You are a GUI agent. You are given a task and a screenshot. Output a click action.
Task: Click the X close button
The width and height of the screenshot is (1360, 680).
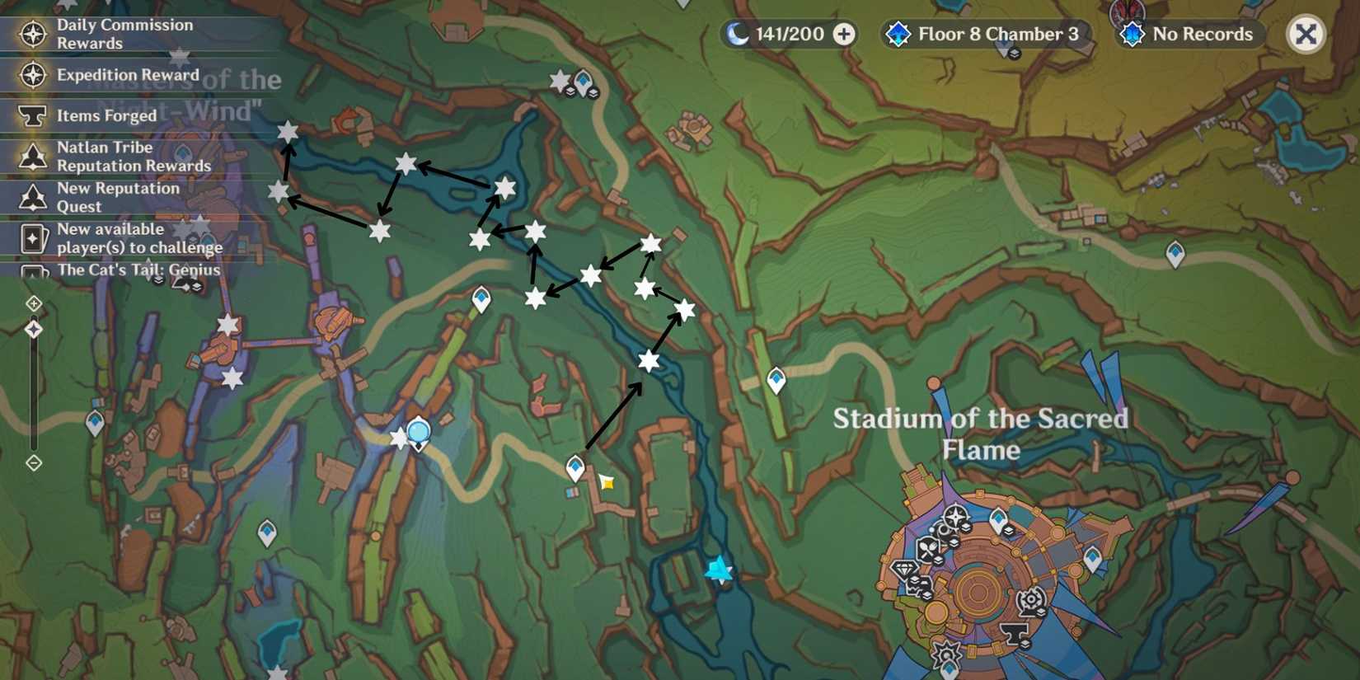[x=1306, y=35]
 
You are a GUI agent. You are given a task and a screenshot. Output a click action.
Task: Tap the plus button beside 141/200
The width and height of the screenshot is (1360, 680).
[x=844, y=35]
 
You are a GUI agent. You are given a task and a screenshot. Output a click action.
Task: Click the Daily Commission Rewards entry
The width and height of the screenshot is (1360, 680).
[x=124, y=34]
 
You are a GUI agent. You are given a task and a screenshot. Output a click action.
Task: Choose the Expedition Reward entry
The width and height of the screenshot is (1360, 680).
[x=127, y=75]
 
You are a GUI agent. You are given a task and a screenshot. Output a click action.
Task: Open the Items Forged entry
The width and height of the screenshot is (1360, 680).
[x=106, y=116]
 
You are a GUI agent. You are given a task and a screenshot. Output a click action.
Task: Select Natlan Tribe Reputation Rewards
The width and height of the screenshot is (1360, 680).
[x=133, y=157]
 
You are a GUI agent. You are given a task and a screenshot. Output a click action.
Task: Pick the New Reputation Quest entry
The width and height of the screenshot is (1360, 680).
[x=117, y=197]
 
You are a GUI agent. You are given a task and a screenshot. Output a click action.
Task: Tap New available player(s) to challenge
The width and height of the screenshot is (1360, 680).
[x=138, y=238]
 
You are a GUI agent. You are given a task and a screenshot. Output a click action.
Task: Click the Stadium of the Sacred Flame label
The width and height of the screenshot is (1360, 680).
[x=980, y=434]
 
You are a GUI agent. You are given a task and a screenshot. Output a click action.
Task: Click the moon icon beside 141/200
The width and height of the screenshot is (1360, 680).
[x=738, y=34]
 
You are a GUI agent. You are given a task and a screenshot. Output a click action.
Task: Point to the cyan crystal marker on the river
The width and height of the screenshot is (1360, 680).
[x=718, y=569]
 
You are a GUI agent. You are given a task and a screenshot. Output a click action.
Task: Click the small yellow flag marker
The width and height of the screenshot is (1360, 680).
[x=607, y=482]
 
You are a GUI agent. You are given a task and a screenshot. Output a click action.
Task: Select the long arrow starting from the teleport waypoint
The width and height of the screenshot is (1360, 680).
[x=613, y=416]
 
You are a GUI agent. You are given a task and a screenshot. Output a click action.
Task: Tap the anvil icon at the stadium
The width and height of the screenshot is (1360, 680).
[x=1014, y=633]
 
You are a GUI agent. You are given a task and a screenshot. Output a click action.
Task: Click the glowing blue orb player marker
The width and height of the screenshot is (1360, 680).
[x=419, y=431]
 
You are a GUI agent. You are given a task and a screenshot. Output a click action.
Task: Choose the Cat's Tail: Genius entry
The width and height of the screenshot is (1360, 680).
[x=138, y=270]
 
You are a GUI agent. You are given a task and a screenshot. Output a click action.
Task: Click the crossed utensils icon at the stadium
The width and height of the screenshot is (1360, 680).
[x=929, y=547]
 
